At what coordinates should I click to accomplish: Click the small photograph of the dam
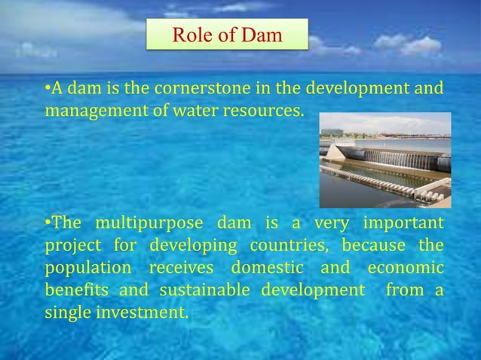coord(384,160)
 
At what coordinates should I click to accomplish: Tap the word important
coord(403,225)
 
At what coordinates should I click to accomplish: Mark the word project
coord(72,247)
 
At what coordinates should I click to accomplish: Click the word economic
coord(404,269)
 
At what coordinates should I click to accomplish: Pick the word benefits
coord(75,291)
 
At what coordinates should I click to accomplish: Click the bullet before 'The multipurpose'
coord(48,225)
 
